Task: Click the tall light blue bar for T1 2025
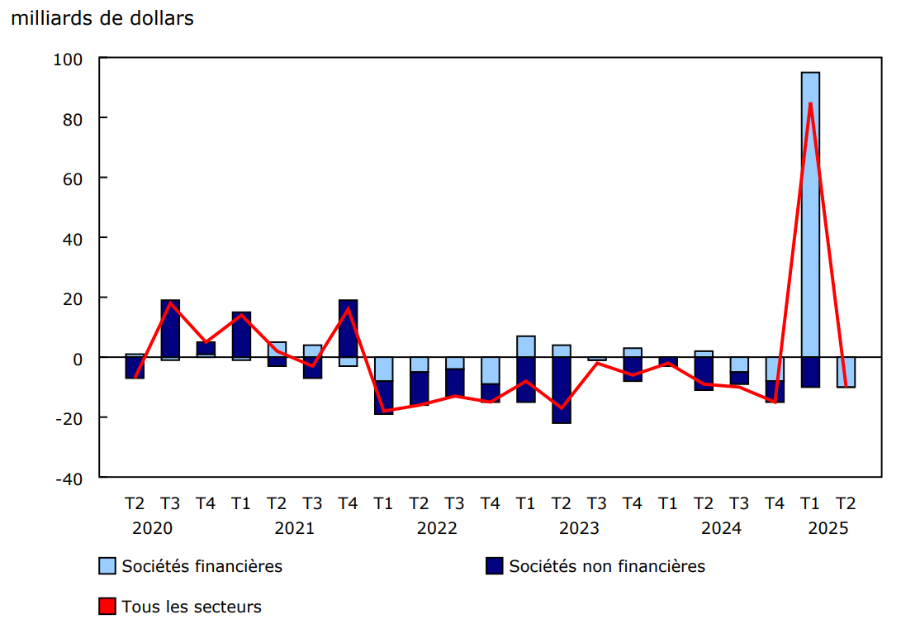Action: (810, 215)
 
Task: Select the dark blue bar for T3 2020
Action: (170, 328)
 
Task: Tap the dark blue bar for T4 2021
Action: (348, 328)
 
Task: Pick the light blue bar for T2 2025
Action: (846, 372)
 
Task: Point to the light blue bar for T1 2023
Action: (525, 346)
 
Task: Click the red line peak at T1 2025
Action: (810, 103)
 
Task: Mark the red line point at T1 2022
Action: (383, 411)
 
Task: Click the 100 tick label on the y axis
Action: (69, 59)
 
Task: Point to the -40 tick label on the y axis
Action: (69, 478)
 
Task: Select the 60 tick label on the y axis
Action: (73, 179)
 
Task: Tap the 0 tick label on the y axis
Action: (78, 358)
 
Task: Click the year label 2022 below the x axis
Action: (437, 528)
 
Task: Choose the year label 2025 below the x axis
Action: (828, 528)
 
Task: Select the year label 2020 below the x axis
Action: (152, 528)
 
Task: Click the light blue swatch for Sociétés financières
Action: (107, 566)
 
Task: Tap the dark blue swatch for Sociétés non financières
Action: (494, 566)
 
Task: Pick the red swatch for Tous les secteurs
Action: (107, 607)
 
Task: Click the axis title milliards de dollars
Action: (102, 17)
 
